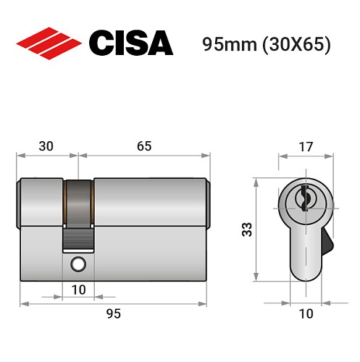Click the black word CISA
(x=130, y=43)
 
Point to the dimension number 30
(x=46, y=146)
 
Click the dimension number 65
(x=143, y=146)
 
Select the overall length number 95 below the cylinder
(x=113, y=313)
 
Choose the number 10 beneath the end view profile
(x=306, y=313)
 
